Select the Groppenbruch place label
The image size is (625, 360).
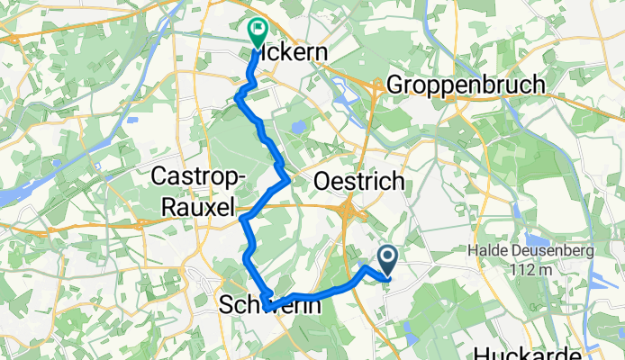click(466, 85)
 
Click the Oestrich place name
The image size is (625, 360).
click(358, 182)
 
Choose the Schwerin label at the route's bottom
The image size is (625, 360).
click(270, 307)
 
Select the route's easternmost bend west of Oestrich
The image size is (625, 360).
click(286, 179)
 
